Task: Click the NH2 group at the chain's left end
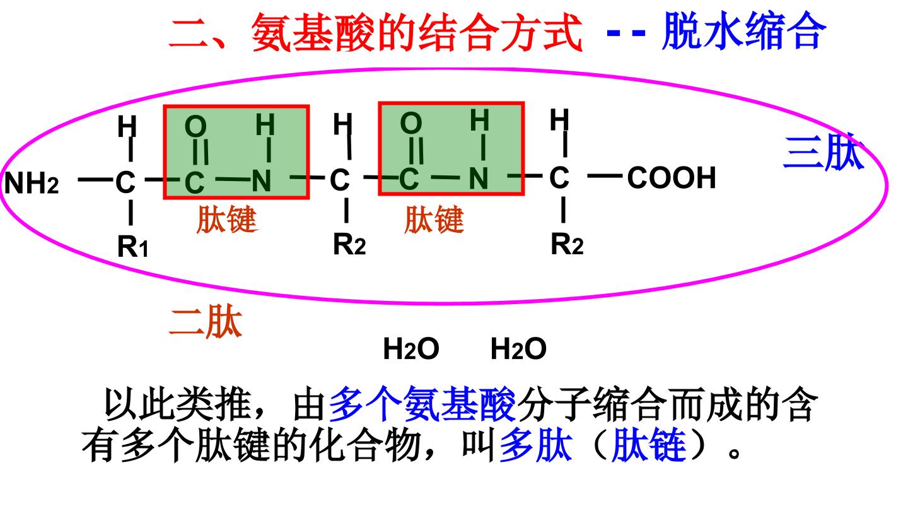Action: [x=32, y=183]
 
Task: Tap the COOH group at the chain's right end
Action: [x=672, y=178]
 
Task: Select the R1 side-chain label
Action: [x=132, y=246]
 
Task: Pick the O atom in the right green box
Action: [x=411, y=123]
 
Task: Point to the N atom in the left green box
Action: [x=262, y=181]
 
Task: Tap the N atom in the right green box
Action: [x=479, y=179]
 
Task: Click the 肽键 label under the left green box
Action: [x=227, y=219]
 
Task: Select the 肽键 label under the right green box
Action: [x=434, y=219]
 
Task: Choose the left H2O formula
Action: [x=411, y=348]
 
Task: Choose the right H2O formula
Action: [x=518, y=348]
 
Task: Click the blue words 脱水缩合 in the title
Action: [x=744, y=31]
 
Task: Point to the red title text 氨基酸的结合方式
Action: [x=417, y=32]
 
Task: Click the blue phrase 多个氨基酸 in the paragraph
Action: [x=422, y=404]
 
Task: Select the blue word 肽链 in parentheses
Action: [x=649, y=445]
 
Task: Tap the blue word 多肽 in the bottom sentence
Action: [x=536, y=445]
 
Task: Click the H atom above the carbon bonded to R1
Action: [x=127, y=126]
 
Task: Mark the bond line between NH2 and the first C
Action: [x=95, y=179]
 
